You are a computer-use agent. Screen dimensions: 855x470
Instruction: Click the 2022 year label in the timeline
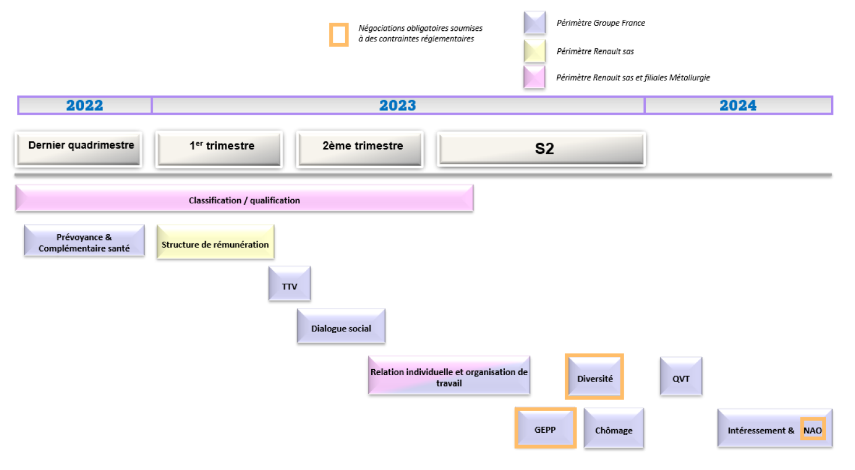(85, 105)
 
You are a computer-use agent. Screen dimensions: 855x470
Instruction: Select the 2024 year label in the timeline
(738, 105)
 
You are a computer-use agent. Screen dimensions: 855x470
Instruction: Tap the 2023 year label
(397, 105)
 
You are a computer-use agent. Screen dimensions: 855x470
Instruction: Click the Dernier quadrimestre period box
(79, 149)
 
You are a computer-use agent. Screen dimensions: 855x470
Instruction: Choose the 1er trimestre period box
(219, 149)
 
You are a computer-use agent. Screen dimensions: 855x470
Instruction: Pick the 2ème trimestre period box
(360, 149)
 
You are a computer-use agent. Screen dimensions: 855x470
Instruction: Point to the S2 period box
(541, 149)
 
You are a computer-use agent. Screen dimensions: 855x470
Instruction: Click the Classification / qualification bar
(244, 198)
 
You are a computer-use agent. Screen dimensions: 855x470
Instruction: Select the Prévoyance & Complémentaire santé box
(84, 241)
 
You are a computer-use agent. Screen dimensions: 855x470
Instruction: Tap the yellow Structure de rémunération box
(215, 242)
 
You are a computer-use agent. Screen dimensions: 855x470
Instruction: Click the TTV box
(290, 284)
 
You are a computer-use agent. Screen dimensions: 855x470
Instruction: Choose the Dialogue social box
(341, 326)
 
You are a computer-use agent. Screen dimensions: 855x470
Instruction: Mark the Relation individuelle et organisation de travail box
(449, 376)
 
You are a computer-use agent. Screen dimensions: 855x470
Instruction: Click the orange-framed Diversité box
(594, 377)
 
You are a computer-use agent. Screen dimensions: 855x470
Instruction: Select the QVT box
(681, 376)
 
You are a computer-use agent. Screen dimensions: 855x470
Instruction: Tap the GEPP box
(546, 427)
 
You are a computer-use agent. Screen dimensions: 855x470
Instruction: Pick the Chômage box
(614, 428)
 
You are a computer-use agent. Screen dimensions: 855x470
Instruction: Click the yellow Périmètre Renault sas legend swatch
(535, 51)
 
